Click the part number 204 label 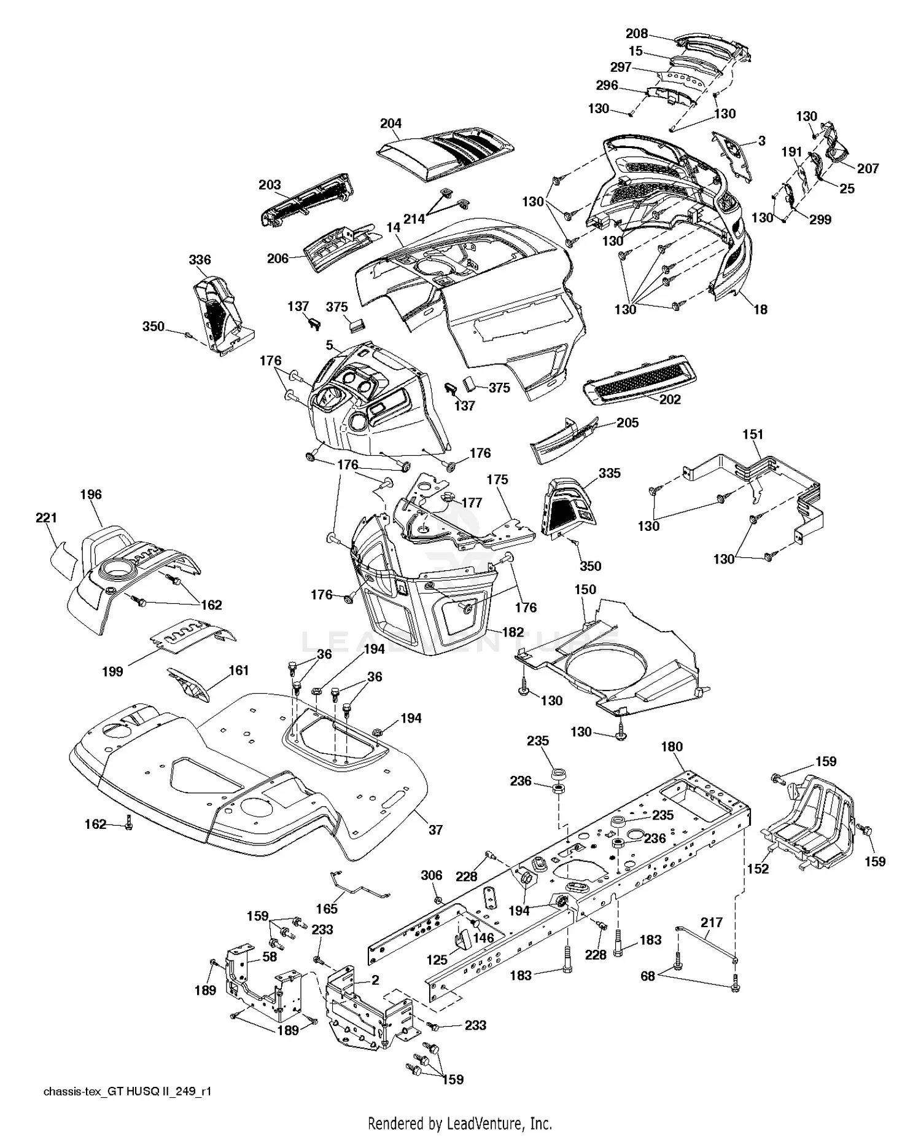[x=391, y=123]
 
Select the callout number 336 [x=200, y=260]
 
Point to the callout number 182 [x=513, y=632]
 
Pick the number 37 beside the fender [x=435, y=829]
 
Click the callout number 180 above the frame [x=672, y=746]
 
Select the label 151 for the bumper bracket [x=753, y=434]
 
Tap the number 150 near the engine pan [x=585, y=589]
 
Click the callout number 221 [x=46, y=518]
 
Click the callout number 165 [x=327, y=909]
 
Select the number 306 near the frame [x=432, y=874]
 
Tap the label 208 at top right [x=636, y=34]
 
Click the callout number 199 [x=112, y=672]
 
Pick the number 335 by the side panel [x=609, y=473]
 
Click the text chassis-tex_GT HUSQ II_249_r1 [x=127, y=1091]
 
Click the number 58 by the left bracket [x=270, y=957]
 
